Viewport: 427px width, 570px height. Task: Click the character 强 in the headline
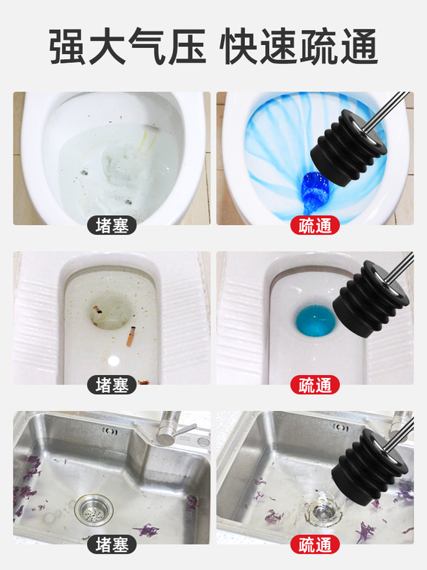coord(68,47)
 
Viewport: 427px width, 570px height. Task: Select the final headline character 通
coord(359,47)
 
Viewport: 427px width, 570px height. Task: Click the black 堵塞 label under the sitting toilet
coord(112,226)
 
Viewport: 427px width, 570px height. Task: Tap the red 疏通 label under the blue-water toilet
coord(315,226)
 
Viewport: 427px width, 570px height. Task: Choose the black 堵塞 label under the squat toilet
coord(112,385)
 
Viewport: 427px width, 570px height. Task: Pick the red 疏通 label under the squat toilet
coord(315,385)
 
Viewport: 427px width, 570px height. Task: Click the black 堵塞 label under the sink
coord(112,544)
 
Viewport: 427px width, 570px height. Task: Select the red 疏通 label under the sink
coord(315,544)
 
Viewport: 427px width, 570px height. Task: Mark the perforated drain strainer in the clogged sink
coord(94,508)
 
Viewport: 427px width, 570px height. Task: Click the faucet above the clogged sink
coord(172,429)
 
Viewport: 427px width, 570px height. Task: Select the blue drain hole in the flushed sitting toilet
coord(315,190)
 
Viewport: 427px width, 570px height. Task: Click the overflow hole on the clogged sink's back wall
coord(109,431)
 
